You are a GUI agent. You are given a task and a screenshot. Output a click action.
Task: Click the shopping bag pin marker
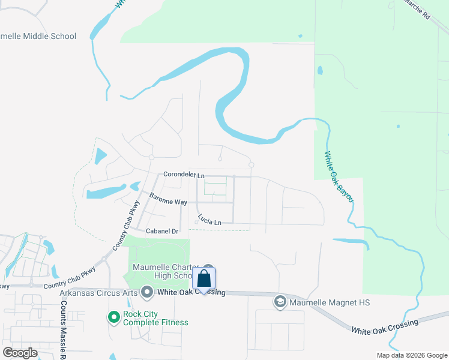204,279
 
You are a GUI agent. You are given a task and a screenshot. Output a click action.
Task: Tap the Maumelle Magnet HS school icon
280,302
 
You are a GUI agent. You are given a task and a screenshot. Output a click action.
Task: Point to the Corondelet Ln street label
184,175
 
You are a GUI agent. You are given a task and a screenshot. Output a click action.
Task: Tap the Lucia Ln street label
209,222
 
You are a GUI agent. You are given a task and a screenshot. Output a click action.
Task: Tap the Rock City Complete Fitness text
155,318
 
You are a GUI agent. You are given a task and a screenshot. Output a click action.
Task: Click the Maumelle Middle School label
38,36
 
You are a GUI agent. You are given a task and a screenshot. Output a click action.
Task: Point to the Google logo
20,353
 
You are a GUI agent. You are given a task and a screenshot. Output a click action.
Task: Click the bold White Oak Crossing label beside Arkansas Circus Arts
191,292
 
